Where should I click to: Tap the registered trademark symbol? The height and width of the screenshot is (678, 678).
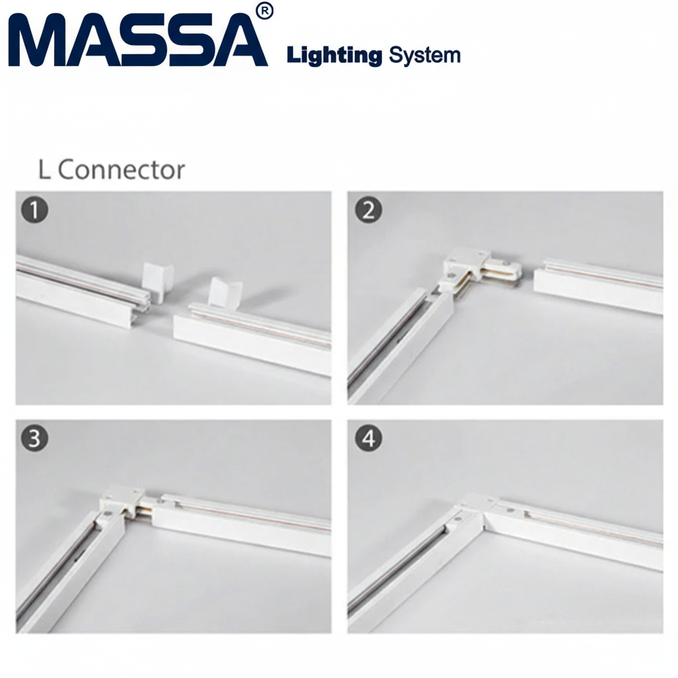point(265,12)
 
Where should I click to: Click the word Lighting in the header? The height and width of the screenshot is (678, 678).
point(334,56)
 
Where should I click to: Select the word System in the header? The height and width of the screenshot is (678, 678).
point(424,56)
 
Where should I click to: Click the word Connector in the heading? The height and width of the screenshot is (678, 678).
point(122,170)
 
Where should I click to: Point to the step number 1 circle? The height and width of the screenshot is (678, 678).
point(34,210)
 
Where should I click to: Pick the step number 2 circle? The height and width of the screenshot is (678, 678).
point(368,210)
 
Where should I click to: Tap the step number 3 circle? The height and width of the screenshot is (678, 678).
point(34,438)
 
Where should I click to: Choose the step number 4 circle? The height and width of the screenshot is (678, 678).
point(368,438)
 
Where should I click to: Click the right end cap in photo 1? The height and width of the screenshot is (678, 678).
point(225,295)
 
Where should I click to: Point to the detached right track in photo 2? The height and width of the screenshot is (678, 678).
point(599,285)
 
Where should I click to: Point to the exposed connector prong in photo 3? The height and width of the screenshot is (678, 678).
point(143,510)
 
